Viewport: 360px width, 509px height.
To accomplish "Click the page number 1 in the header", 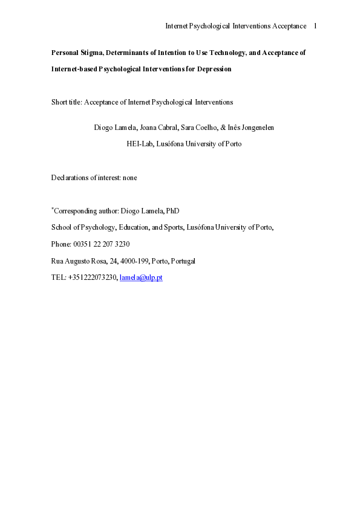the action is [x=315, y=26].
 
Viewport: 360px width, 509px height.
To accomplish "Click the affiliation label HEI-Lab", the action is [x=139, y=144].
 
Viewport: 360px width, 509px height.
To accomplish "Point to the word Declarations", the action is [x=70, y=178].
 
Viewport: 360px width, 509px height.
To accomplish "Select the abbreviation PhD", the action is [x=173, y=211].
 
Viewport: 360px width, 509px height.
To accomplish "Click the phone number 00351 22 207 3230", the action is [x=100, y=244].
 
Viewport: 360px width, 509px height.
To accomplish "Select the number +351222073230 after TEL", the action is [x=92, y=278].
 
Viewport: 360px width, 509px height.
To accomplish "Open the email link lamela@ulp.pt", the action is [x=141, y=278].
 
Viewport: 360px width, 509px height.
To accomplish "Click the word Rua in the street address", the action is [x=58, y=261].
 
